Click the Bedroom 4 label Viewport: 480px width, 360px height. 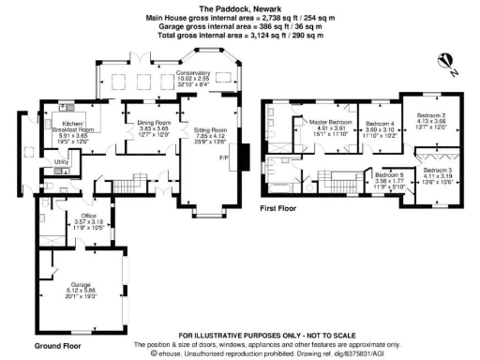click(x=379, y=124)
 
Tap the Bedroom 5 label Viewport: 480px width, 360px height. click(x=389, y=174)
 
